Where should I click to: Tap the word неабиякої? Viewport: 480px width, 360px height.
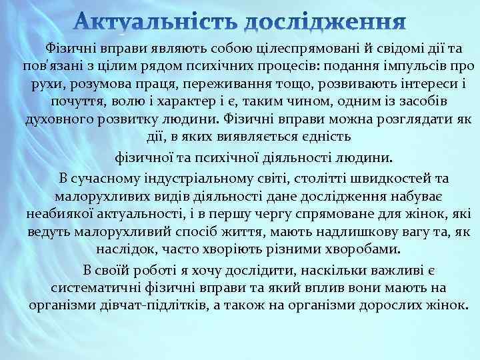[x=61, y=215]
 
